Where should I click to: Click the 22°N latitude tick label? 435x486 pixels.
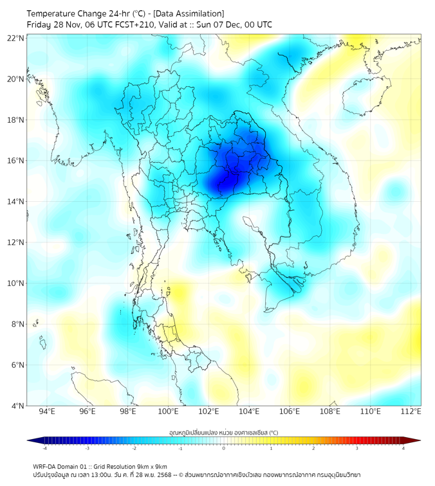[16, 38]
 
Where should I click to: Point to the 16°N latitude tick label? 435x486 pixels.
[16, 161]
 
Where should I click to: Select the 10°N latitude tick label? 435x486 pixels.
[16, 283]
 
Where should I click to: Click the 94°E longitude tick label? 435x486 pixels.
[47, 411]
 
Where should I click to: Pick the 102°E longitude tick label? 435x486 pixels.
[208, 411]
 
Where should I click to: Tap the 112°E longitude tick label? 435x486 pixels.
[411, 411]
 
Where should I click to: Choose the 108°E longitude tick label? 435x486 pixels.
[330, 411]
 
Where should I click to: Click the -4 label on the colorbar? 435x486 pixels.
[44, 448]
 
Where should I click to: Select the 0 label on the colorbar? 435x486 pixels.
[224, 448]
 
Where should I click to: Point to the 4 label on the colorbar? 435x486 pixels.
[403, 448]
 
